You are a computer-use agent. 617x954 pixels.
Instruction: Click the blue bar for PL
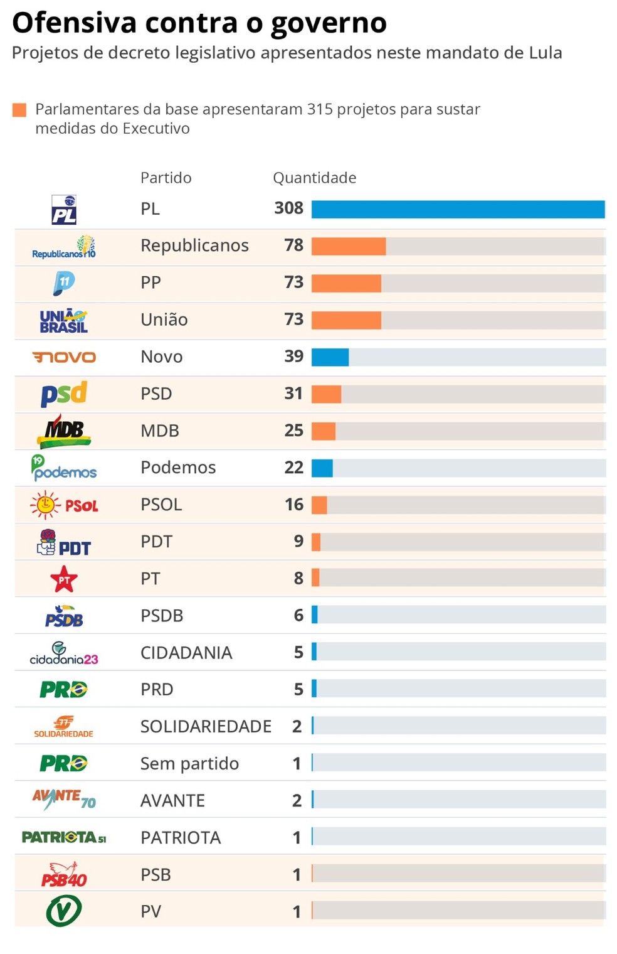click(x=458, y=209)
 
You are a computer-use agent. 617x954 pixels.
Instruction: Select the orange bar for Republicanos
click(x=348, y=246)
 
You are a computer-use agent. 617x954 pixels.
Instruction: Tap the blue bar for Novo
click(x=330, y=357)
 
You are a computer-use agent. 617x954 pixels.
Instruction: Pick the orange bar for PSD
click(x=326, y=394)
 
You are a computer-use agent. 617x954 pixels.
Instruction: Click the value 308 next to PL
click(x=288, y=208)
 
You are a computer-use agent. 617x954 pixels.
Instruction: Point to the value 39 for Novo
click(x=293, y=356)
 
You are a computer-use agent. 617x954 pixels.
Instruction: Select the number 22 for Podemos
click(x=293, y=468)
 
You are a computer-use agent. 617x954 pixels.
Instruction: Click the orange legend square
click(x=19, y=110)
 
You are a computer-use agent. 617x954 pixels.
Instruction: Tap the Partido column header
click(x=166, y=178)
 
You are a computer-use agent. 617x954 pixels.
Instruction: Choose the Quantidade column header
click(x=314, y=178)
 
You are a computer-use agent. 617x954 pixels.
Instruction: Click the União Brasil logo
click(x=63, y=321)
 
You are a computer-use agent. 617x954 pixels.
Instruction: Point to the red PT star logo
click(x=64, y=579)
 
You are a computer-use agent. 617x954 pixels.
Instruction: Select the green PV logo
click(x=63, y=911)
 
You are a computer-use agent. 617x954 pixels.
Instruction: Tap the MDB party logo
click(x=64, y=431)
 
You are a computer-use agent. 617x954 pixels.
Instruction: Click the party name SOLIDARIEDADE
click(x=206, y=726)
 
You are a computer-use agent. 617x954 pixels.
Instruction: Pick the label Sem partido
click(x=189, y=763)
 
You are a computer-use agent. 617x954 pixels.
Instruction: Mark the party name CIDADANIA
click(x=186, y=653)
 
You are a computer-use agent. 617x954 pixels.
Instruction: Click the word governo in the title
click(x=329, y=24)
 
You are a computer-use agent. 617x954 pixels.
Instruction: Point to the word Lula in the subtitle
click(x=546, y=53)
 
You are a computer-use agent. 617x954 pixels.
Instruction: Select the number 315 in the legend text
click(x=319, y=109)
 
